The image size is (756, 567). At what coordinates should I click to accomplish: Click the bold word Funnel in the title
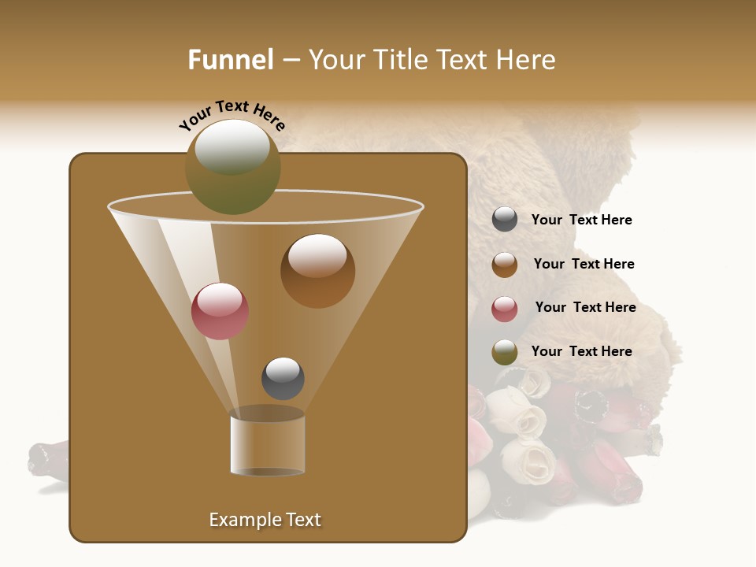click(x=230, y=60)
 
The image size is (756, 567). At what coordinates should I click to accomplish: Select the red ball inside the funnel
click(x=220, y=311)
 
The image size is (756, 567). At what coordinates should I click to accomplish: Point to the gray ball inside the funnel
click(x=283, y=378)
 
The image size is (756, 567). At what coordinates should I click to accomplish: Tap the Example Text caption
click(x=265, y=520)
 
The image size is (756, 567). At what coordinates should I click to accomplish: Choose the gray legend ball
click(x=505, y=220)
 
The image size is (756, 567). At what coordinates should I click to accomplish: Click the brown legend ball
click(x=505, y=264)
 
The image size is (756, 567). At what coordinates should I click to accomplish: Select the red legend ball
click(x=505, y=308)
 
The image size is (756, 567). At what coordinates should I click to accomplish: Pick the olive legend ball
click(x=505, y=352)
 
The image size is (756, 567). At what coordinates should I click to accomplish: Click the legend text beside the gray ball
click(x=581, y=220)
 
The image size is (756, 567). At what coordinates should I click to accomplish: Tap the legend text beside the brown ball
click(x=584, y=265)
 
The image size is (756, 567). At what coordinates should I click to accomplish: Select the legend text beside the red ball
click(x=585, y=307)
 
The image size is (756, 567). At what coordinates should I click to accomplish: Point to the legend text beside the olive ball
click(x=581, y=351)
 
